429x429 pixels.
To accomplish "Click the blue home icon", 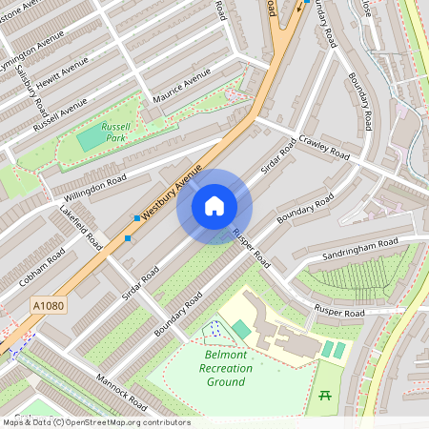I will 214,206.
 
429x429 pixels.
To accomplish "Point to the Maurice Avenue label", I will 182,87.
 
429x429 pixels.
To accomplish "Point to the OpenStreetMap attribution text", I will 95,422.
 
